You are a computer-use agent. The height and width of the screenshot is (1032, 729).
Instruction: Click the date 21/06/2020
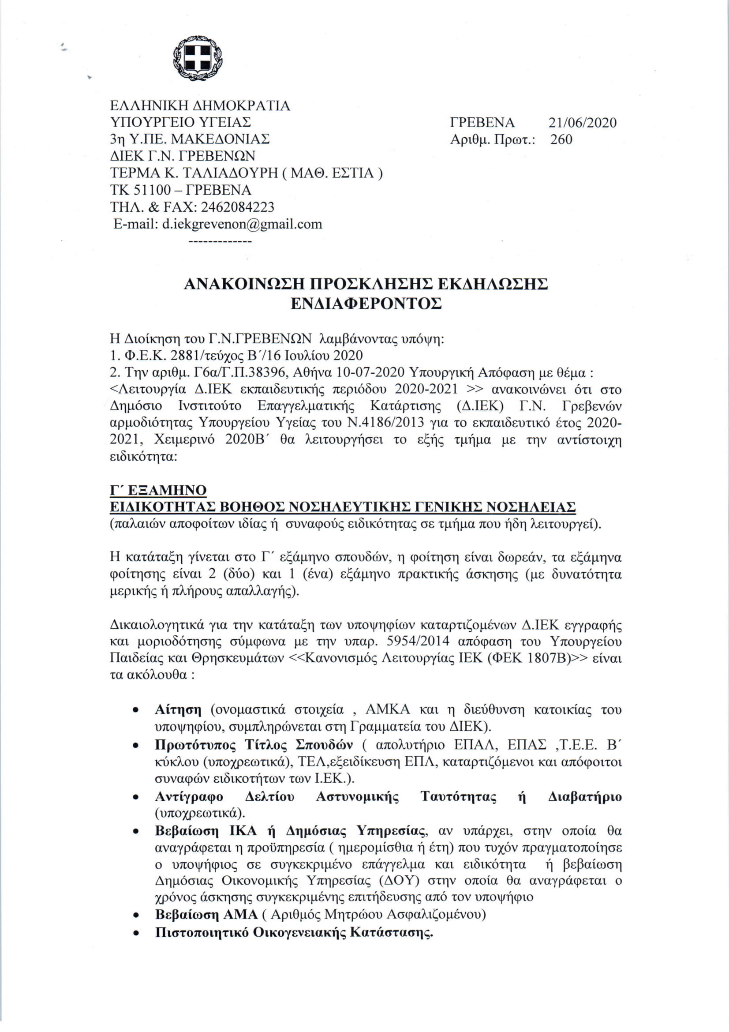(582, 122)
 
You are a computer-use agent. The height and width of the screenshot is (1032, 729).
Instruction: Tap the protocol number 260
(561, 139)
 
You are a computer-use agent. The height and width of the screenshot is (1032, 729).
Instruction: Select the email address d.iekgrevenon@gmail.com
(242, 224)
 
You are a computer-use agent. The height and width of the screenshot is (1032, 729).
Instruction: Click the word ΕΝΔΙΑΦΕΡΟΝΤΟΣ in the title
(366, 304)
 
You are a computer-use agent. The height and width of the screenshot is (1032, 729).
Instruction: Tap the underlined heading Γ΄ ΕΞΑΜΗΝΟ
(158, 489)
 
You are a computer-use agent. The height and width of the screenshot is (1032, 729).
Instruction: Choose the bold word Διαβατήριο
(585, 797)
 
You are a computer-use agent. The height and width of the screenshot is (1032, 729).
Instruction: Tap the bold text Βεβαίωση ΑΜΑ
(206, 915)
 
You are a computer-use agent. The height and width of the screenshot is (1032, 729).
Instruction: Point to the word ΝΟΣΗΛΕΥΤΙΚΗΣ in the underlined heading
(348, 507)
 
